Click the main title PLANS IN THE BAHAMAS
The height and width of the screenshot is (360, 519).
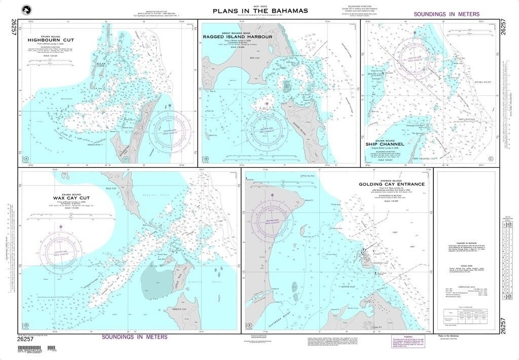(x=260, y=11)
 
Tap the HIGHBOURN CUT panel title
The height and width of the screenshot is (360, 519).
(x=51, y=40)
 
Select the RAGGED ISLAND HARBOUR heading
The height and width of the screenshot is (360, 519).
(x=238, y=37)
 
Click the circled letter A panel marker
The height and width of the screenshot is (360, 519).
(x=25, y=159)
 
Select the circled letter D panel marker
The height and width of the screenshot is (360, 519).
(x=25, y=325)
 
